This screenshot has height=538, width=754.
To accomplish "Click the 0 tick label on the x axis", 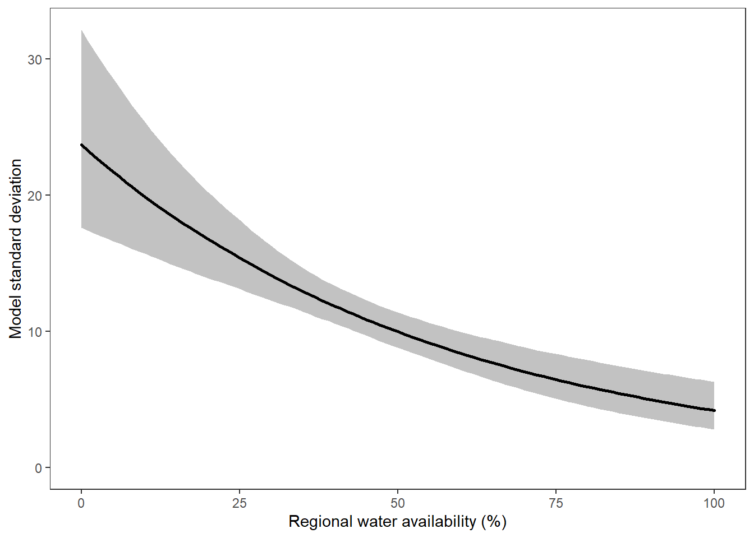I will tap(81, 503).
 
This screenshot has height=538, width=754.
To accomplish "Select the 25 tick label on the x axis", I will tap(240, 503).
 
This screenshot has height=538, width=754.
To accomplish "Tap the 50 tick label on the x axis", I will tap(398, 503).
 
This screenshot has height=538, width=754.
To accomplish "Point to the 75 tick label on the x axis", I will tap(556, 503).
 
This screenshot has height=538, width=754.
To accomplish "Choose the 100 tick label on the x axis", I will tap(714, 503).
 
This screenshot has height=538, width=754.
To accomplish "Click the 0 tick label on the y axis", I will tap(38, 468).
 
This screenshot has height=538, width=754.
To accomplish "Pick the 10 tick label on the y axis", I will tap(35, 332).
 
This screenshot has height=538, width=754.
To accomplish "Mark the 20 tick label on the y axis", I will tap(35, 196).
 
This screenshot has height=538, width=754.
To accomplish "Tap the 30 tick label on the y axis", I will tap(35, 59).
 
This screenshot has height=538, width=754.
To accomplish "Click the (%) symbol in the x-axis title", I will tap(494, 522).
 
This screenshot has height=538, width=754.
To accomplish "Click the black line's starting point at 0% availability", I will tap(82, 145).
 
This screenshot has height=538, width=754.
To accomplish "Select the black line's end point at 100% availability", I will tap(714, 411).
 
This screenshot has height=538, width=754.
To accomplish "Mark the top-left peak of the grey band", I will tap(82, 31).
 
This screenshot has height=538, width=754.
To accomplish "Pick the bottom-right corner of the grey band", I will tap(714, 429).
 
